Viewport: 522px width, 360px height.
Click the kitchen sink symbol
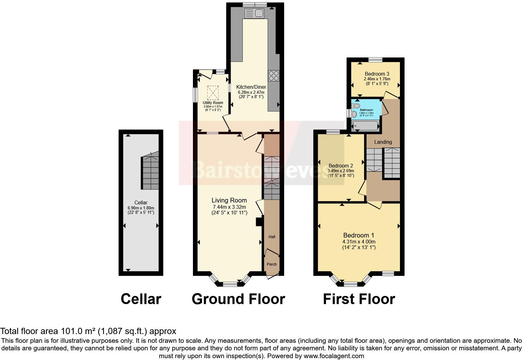pos(254,13)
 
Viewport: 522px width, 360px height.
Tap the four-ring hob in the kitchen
pos(274,76)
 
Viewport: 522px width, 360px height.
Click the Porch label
pos(272,264)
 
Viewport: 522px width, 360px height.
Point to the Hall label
pos(272,237)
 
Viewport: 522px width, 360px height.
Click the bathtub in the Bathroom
pos(365,126)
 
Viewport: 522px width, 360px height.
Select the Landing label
pos(383,142)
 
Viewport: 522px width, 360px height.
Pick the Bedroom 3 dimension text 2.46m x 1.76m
pos(377,79)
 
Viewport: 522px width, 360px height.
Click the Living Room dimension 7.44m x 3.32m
pos(229,207)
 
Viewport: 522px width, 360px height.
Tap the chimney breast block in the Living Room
pos(259,222)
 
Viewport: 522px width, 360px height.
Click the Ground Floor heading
pos(238,299)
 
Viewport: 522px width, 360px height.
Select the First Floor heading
pos(359,299)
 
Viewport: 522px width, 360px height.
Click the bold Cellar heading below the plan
pos(141,299)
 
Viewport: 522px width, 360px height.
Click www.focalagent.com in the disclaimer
pos(333,356)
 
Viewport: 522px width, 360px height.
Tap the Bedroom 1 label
pos(358,235)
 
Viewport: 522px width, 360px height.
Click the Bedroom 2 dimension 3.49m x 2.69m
pos(341,171)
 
